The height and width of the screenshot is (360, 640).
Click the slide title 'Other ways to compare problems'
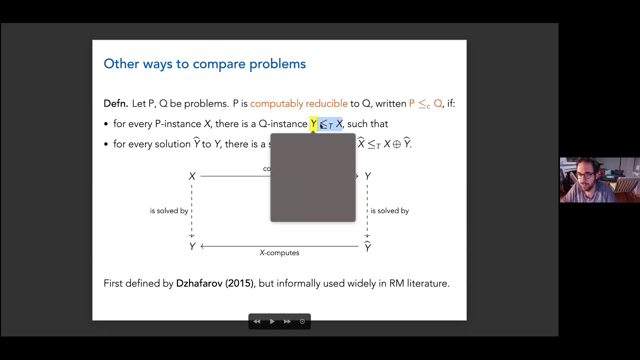coord(204,64)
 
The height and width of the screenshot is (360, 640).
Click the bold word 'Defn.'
coord(116,103)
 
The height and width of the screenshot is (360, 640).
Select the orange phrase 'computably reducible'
coord(298,103)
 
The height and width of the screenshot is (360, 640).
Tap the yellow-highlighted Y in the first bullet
coord(313,123)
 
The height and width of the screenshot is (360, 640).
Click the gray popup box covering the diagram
coord(313,177)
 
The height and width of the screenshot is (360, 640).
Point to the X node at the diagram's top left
coord(192,176)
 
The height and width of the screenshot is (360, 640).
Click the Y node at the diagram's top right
coord(367,176)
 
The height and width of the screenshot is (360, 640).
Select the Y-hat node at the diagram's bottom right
coord(367,246)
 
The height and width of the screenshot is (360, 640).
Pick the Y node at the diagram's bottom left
coord(192,246)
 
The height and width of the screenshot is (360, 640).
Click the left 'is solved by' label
coord(169,211)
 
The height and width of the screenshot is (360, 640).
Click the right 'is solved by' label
coord(389,211)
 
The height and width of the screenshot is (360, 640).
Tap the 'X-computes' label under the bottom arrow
coord(279,253)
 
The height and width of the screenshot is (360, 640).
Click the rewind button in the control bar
coord(257,321)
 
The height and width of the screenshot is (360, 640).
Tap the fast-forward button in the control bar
coord(287,321)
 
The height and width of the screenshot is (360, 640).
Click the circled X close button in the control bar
coord(302,321)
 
